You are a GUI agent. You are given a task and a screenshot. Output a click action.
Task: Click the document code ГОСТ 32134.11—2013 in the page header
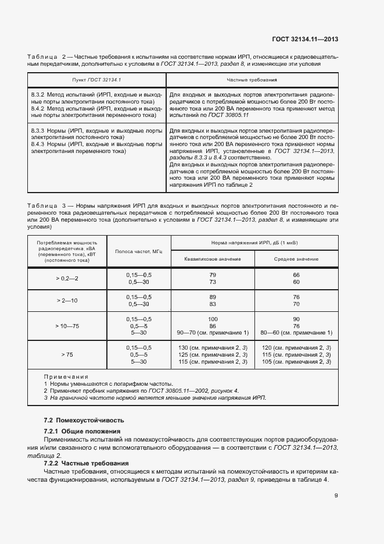pyautogui.click(x=305, y=39)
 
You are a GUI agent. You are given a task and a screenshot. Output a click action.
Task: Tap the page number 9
pyautogui.click(x=336, y=496)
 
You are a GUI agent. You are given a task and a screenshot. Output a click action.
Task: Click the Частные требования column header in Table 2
pyautogui.click(x=251, y=78)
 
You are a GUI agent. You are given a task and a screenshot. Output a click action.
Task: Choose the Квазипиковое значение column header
pyautogui.click(x=212, y=258)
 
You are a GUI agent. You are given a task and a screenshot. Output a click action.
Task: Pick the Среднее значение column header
pyautogui.click(x=296, y=258)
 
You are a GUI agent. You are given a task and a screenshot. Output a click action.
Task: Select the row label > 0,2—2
pyautogui.click(x=67, y=278)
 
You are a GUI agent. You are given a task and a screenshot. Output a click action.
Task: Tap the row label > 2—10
pyautogui.click(x=67, y=300)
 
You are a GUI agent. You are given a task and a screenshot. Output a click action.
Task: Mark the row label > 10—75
pyautogui.click(x=67, y=326)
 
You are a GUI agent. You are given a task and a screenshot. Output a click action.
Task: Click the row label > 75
pyautogui.click(x=67, y=354)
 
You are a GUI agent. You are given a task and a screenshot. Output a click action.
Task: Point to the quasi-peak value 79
pyautogui.click(x=213, y=275)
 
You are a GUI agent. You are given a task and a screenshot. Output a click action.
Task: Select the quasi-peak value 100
pyautogui.click(x=213, y=319)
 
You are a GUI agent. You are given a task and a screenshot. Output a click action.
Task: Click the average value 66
pyautogui.click(x=296, y=275)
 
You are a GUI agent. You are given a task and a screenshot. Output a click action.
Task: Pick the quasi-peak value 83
pyautogui.click(x=213, y=304)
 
